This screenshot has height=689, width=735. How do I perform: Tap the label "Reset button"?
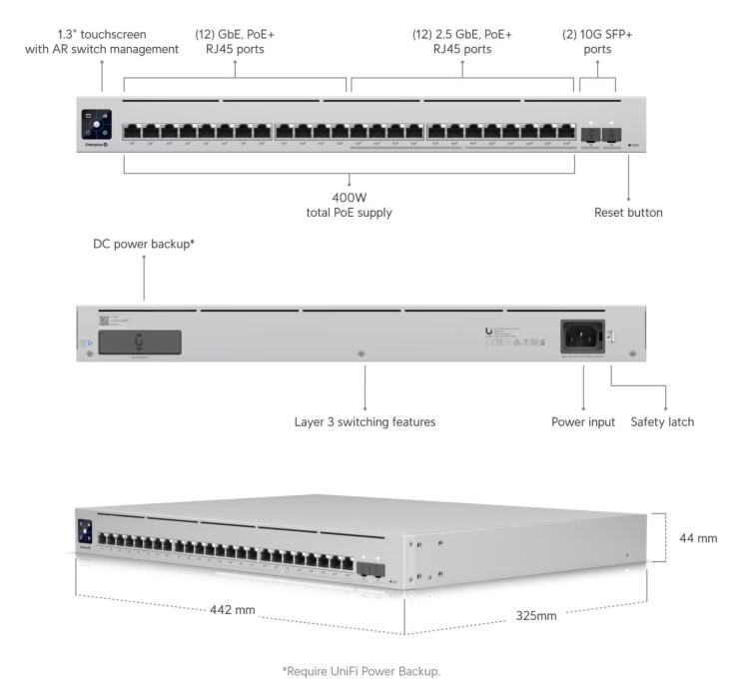point(628,213)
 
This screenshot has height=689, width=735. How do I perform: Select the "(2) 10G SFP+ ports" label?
point(597,42)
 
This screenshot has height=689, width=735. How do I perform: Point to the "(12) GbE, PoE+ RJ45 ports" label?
point(235,42)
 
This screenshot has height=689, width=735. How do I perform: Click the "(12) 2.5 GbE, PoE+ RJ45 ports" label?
point(462,42)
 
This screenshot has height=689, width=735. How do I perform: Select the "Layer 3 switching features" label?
point(365,422)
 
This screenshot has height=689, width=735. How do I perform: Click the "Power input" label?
point(583,422)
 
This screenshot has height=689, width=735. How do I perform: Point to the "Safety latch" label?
point(662,422)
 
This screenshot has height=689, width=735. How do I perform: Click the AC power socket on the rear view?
point(582,335)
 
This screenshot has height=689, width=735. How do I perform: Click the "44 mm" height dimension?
point(698,538)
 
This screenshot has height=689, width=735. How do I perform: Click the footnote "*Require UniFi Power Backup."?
point(367,671)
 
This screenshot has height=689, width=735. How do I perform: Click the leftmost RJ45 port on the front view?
point(132,131)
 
